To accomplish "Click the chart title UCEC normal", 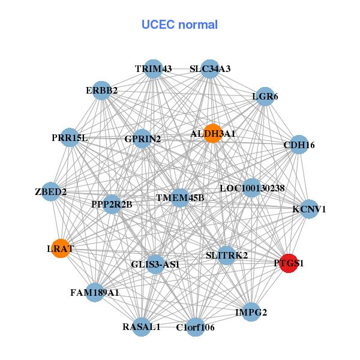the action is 179,25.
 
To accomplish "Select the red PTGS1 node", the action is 289,263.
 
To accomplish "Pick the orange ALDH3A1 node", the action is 212,133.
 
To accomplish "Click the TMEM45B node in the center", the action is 180,197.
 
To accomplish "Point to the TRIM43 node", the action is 153,68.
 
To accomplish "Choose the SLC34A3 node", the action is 209,68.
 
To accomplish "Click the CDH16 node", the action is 298,145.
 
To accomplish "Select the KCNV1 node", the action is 309,209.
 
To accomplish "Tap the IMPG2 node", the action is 251,312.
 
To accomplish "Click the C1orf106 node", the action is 195,327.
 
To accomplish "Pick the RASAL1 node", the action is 142,327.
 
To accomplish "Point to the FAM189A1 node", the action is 95,293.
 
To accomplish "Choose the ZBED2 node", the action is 51,192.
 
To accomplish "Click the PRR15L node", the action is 70,138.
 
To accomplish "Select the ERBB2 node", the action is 101,91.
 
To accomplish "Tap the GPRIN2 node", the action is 143,139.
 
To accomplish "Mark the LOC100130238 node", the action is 252,188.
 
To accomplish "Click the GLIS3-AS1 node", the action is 155,264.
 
